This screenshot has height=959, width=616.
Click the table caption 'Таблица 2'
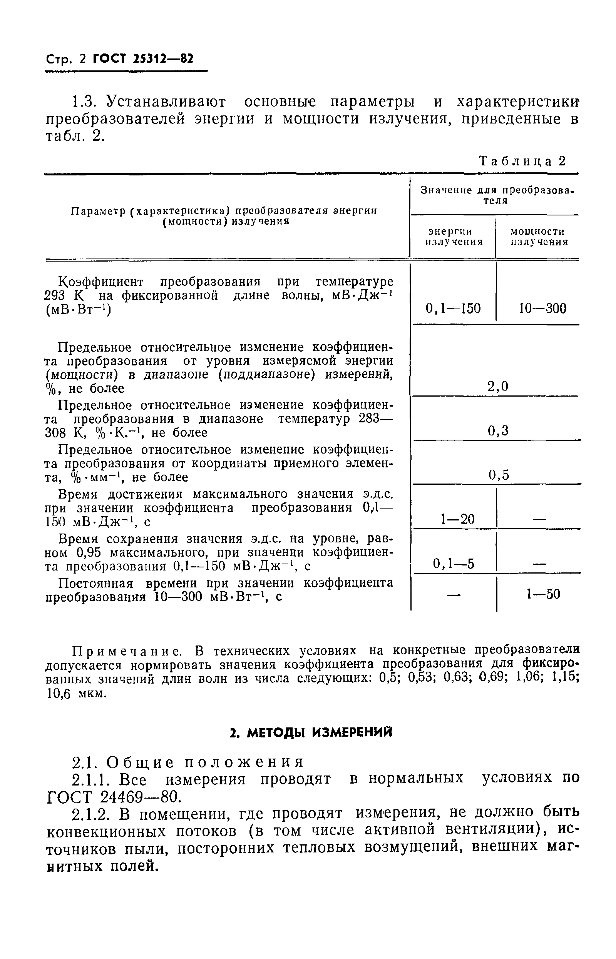523,161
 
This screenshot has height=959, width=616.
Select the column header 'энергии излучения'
454,237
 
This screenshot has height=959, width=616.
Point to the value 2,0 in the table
497,386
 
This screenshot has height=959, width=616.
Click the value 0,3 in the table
498,430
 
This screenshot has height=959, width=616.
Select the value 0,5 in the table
499,475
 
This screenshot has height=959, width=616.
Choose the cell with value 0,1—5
454,564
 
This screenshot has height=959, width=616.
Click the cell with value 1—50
543,594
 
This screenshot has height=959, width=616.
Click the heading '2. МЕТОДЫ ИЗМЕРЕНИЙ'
311,732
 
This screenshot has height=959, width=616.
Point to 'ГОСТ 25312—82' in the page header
143,59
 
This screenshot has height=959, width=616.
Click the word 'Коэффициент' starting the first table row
101,282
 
